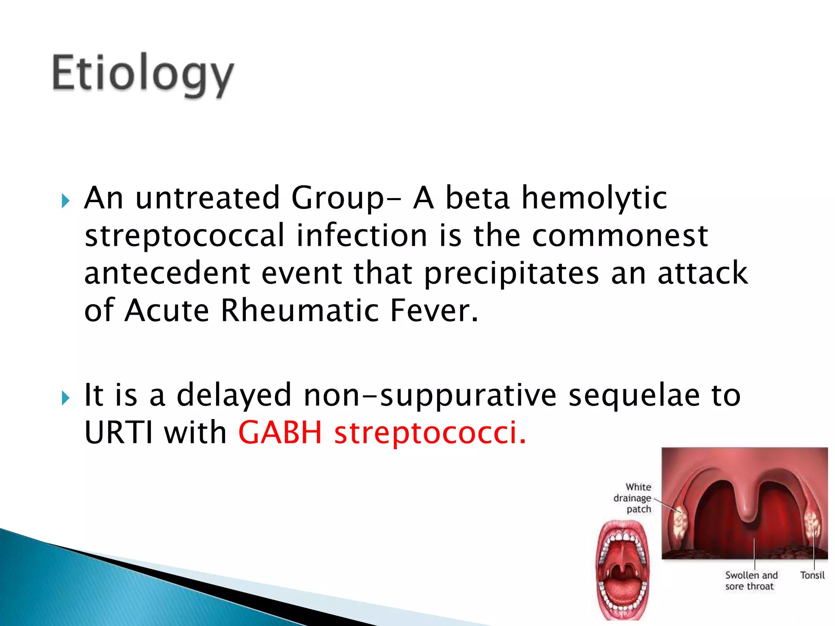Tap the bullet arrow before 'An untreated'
tap(66, 201)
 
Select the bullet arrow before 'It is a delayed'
tap(66, 398)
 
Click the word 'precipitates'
tap(512, 274)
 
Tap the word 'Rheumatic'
tap(300, 311)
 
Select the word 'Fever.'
tap(434, 311)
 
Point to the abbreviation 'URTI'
tap(119, 432)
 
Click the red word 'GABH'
tap(281, 432)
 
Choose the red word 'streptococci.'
tap(430, 433)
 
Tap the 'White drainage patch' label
tap(632, 498)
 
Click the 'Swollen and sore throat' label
tap(751, 581)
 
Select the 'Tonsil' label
tap(812, 575)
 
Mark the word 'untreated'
tap(208, 198)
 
